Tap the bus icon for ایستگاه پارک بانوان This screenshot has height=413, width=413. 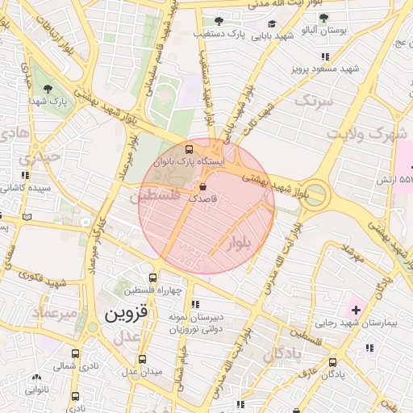(190, 149)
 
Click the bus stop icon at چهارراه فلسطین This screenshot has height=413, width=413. (152, 278)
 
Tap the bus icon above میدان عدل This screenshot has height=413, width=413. (143, 359)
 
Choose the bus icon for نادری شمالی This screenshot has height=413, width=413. (75, 353)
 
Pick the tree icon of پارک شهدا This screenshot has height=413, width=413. (48, 89)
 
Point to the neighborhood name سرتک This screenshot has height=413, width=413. (313, 102)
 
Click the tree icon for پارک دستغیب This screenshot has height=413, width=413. (219, 21)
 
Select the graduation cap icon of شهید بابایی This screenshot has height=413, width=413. (272, 24)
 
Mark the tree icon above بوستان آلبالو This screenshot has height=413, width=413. (323, 18)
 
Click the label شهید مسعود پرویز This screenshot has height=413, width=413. (324, 69)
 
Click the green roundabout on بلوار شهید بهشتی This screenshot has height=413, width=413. (315, 195)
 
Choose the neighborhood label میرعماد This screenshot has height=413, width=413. (54, 311)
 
